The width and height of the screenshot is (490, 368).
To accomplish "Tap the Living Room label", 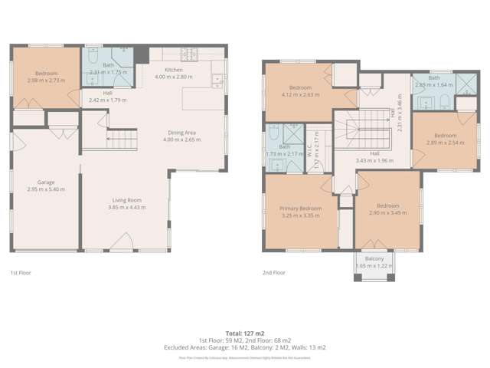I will [x=126, y=199].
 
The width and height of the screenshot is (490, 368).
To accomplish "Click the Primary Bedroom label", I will [x=300, y=209].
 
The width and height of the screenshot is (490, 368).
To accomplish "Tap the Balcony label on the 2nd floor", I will [x=374, y=259].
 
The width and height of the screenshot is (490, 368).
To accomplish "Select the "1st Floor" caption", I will [x=20, y=273].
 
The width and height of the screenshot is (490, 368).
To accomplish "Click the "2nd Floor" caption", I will [x=273, y=273].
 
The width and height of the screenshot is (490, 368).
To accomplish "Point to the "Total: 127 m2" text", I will [x=244, y=333].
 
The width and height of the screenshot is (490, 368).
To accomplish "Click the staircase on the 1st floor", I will [x=122, y=139].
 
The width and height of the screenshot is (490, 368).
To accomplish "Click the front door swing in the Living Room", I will [x=121, y=244].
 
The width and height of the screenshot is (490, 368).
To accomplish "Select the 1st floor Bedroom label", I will [x=46, y=74].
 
